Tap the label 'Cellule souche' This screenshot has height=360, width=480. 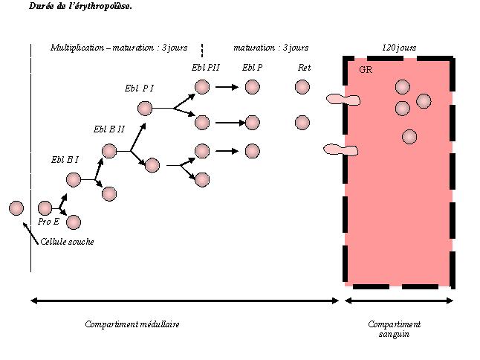click(x=67, y=242)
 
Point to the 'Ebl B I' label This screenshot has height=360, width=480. click(x=65, y=159)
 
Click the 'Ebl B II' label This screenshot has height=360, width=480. click(x=108, y=129)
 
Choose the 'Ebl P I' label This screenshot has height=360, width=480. click(x=139, y=88)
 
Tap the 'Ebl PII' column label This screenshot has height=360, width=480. click(x=206, y=68)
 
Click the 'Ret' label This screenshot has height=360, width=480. click(x=303, y=68)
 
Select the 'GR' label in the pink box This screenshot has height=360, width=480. click(x=365, y=70)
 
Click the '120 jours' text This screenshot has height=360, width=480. click(x=399, y=48)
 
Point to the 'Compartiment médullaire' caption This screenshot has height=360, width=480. click(x=132, y=324)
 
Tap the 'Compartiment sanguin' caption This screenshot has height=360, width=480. click(x=394, y=329)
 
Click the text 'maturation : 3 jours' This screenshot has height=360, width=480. click(x=270, y=48)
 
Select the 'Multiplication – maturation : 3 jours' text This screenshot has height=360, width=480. click(x=119, y=48)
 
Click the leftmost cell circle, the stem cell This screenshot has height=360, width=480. click(x=16, y=208)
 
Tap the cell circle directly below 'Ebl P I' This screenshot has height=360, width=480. click(x=145, y=108)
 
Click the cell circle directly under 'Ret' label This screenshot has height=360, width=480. click(x=302, y=87)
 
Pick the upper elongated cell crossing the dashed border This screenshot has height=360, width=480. click(x=343, y=99)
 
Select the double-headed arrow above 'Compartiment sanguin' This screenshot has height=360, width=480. click(x=399, y=301)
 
